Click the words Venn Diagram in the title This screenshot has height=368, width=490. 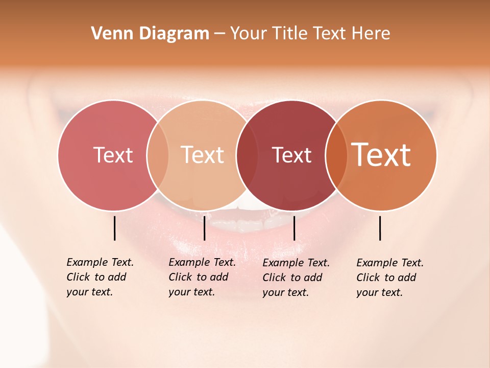[150, 34]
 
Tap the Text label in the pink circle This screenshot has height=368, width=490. [113, 155]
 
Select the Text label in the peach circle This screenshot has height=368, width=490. [203, 155]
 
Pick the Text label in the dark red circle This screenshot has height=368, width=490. [291, 155]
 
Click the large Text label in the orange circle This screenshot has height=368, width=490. [381, 155]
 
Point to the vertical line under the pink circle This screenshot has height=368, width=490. [114, 228]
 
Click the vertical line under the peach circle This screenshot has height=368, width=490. [204, 228]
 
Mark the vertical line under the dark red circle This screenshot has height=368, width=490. [294, 228]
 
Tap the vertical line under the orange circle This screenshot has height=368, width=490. [380, 228]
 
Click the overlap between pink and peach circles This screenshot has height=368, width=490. [158, 155]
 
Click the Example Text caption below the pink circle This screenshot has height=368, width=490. [100, 277]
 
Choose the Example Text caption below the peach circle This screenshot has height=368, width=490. [202, 277]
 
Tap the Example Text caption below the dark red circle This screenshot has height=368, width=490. [296, 278]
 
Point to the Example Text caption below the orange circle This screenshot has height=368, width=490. [389, 278]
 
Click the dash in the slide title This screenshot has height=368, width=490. [219, 34]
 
